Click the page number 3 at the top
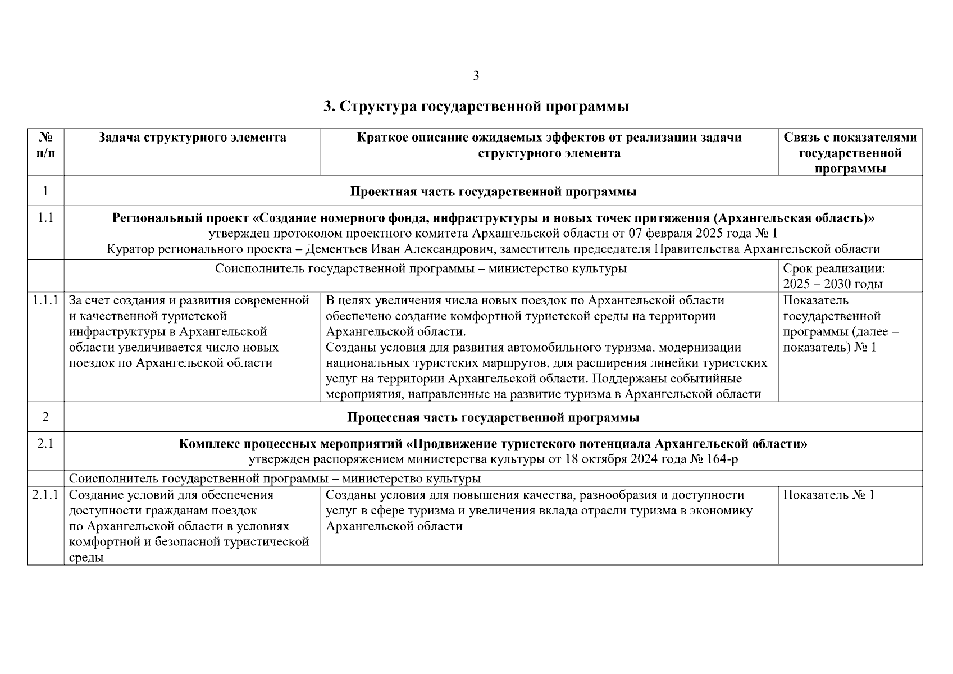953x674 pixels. coord(476,76)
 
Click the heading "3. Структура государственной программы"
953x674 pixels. coord(476,107)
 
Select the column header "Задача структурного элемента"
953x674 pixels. coord(192,138)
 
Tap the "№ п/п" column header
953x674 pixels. coord(45,145)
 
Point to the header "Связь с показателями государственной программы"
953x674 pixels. coord(850,153)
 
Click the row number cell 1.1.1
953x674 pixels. coord(45,300)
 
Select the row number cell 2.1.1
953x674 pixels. coord(45,495)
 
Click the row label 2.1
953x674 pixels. coord(45,444)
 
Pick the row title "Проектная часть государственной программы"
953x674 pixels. coord(493,192)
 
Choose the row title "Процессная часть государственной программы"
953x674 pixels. coord(493,418)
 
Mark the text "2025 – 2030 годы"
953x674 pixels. coord(832,284)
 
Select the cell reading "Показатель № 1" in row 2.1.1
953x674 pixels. coord(828,495)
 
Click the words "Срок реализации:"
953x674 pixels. coord(833,268)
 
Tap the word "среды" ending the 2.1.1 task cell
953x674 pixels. coord(86,558)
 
